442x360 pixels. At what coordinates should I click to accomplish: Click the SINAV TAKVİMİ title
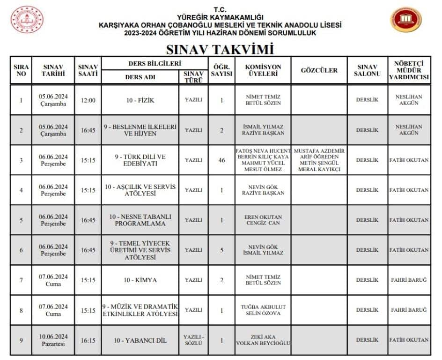pos(220,49)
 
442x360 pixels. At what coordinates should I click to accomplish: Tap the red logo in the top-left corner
pos(27,20)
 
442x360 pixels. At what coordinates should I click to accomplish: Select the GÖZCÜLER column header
pos(319,70)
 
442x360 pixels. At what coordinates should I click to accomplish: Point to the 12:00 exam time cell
pos(88,100)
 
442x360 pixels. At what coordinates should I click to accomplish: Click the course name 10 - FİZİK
pos(140,100)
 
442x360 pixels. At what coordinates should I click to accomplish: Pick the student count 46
pos(221,160)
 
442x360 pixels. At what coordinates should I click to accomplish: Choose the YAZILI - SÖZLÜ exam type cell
pos(193,340)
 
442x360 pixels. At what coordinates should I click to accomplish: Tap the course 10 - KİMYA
pos(140,280)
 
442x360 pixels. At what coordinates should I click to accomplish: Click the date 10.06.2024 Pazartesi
pos(53,340)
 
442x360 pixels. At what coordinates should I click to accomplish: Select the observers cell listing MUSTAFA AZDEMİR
pos(319,160)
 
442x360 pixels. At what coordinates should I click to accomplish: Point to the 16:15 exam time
pos(88,340)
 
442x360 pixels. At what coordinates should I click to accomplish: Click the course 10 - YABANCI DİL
pos(140,340)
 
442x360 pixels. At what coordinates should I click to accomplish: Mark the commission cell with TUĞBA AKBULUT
pos(263,310)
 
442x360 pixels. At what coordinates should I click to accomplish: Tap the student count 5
pos(221,250)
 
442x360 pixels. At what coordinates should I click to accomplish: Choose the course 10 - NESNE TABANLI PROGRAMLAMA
pos(140,220)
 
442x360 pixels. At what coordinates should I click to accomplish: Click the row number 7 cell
pos(21,280)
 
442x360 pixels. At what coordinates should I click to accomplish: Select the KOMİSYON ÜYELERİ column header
pos(263,70)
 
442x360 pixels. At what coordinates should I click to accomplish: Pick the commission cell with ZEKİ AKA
pos(263,340)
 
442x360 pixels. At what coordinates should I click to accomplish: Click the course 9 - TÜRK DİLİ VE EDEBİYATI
pos(140,160)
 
